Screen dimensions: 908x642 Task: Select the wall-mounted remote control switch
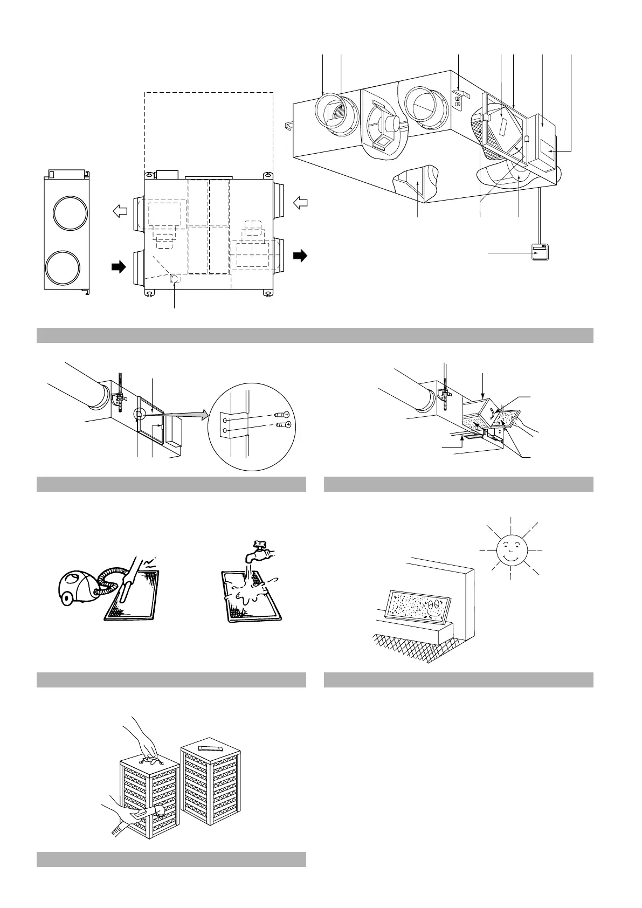coord(540,252)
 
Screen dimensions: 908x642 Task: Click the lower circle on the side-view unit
coord(66,269)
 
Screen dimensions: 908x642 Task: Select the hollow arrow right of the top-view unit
coord(300,203)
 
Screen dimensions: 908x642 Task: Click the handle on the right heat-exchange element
coord(210,749)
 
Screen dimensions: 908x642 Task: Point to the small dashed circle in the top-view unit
coord(175,279)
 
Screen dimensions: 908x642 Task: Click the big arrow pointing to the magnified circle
coord(186,415)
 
